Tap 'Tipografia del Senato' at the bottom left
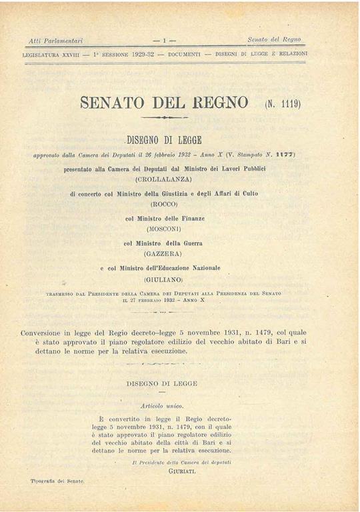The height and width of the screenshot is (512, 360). pyautogui.click(x=57, y=480)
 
